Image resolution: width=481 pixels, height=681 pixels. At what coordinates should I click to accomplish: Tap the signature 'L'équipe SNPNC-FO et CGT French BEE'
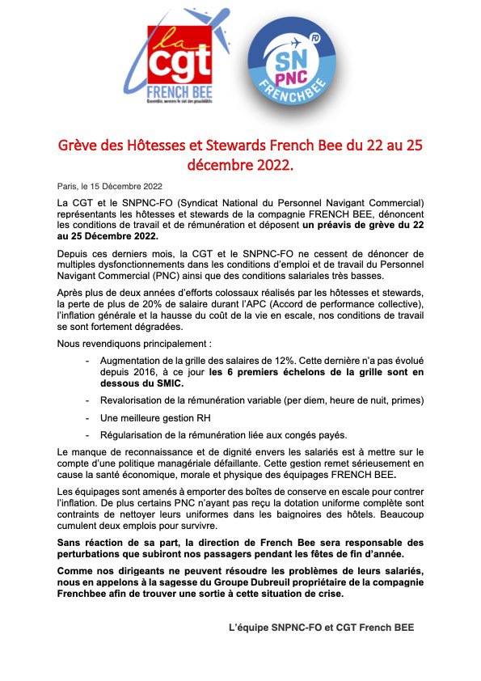(x=321, y=628)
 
